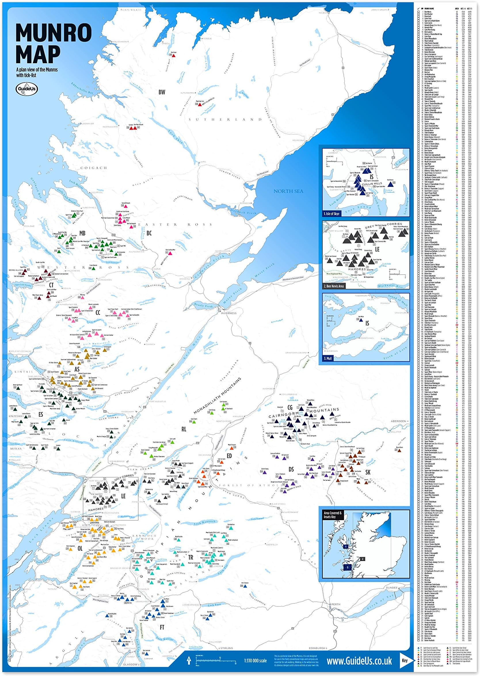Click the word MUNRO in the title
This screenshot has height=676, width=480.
[x=54, y=32]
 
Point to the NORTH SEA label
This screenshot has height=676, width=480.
[x=288, y=191]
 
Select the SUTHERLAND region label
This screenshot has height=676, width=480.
[x=226, y=120]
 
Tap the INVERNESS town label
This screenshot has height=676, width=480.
[x=228, y=313]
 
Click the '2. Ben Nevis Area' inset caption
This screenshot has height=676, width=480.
[x=334, y=286]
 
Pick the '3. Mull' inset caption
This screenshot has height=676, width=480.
[x=328, y=358]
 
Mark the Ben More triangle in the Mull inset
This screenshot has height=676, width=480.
[x=361, y=320]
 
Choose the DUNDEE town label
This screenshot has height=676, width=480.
[x=392, y=588]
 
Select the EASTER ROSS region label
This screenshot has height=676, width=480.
[x=175, y=225]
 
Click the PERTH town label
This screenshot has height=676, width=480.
[x=336, y=602]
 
